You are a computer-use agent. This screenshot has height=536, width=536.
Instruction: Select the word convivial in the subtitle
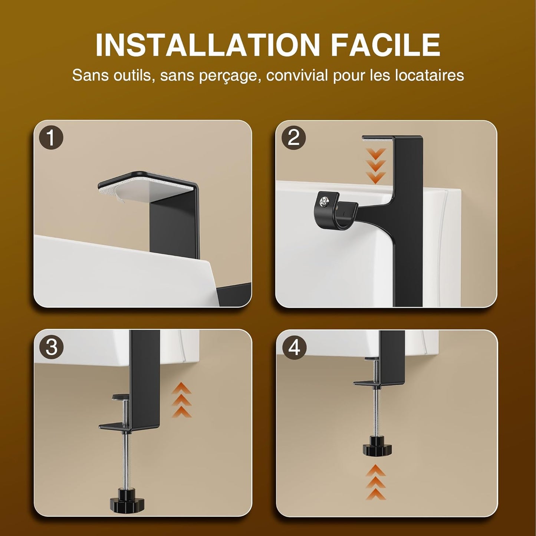pyautogui.click(x=297, y=75)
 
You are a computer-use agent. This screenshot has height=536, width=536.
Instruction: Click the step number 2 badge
pyautogui.click(x=293, y=138)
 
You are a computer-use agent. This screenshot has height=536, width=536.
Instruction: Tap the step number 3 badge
pyautogui.click(x=51, y=347)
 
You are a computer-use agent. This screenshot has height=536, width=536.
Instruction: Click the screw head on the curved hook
pyautogui.click(x=324, y=201)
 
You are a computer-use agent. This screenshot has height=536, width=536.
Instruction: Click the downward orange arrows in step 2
pyautogui.click(x=375, y=166)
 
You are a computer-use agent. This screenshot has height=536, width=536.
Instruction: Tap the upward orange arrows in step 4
pyautogui.click(x=375, y=482)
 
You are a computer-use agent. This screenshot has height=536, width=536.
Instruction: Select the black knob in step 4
pyautogui.click(x=377, y=447)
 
